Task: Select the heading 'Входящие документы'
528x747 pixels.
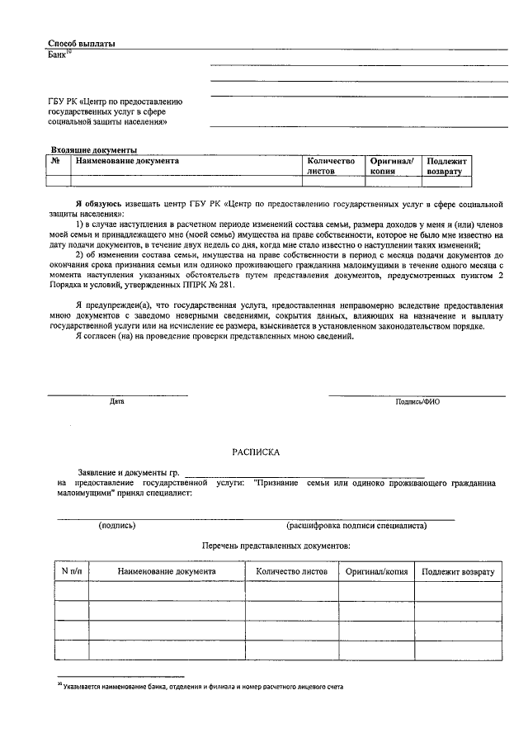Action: tap(93, 150)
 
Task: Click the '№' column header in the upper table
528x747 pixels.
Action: tap(55, 161)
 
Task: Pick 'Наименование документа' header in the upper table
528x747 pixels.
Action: tap(127, 161)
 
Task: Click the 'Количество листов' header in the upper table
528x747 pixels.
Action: tap(330, 166)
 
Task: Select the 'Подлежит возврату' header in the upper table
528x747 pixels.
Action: tap(447, 166)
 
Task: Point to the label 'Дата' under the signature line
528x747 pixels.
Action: tap(117, 402)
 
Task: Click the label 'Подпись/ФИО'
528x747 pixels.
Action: tap(418, 402)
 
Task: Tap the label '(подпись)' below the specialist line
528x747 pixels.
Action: tap(117, 525)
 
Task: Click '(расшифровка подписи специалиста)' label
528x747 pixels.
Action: tap(356, 525)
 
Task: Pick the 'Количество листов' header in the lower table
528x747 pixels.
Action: tap(292, 571)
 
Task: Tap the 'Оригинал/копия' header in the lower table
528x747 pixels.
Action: tap(376, 571)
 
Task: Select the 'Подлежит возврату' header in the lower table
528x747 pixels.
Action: tap(457, 571)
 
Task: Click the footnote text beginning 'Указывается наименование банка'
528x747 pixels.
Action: tap(202, 687)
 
